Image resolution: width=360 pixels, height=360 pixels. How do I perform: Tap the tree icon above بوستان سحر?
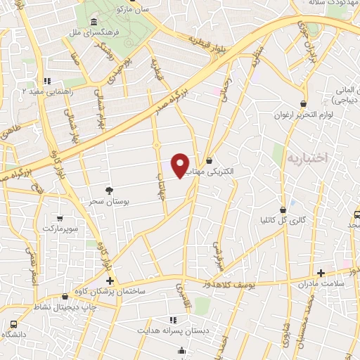[108, 190]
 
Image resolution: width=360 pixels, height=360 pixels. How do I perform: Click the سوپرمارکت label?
[62, 229]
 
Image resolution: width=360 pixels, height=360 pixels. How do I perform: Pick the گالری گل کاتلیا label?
[283, 220]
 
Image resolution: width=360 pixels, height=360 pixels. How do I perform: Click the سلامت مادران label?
[321, 284]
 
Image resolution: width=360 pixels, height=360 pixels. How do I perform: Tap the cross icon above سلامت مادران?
[321, 272]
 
